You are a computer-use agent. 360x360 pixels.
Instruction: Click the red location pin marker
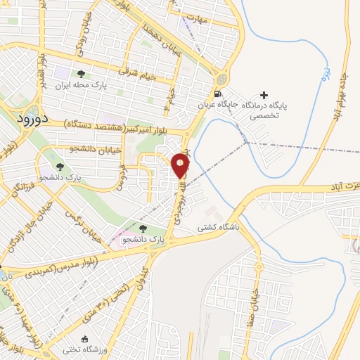[181, 166]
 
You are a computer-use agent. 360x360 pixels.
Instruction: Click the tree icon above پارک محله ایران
[81, 74]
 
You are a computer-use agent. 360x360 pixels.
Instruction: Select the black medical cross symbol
[264, 95]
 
